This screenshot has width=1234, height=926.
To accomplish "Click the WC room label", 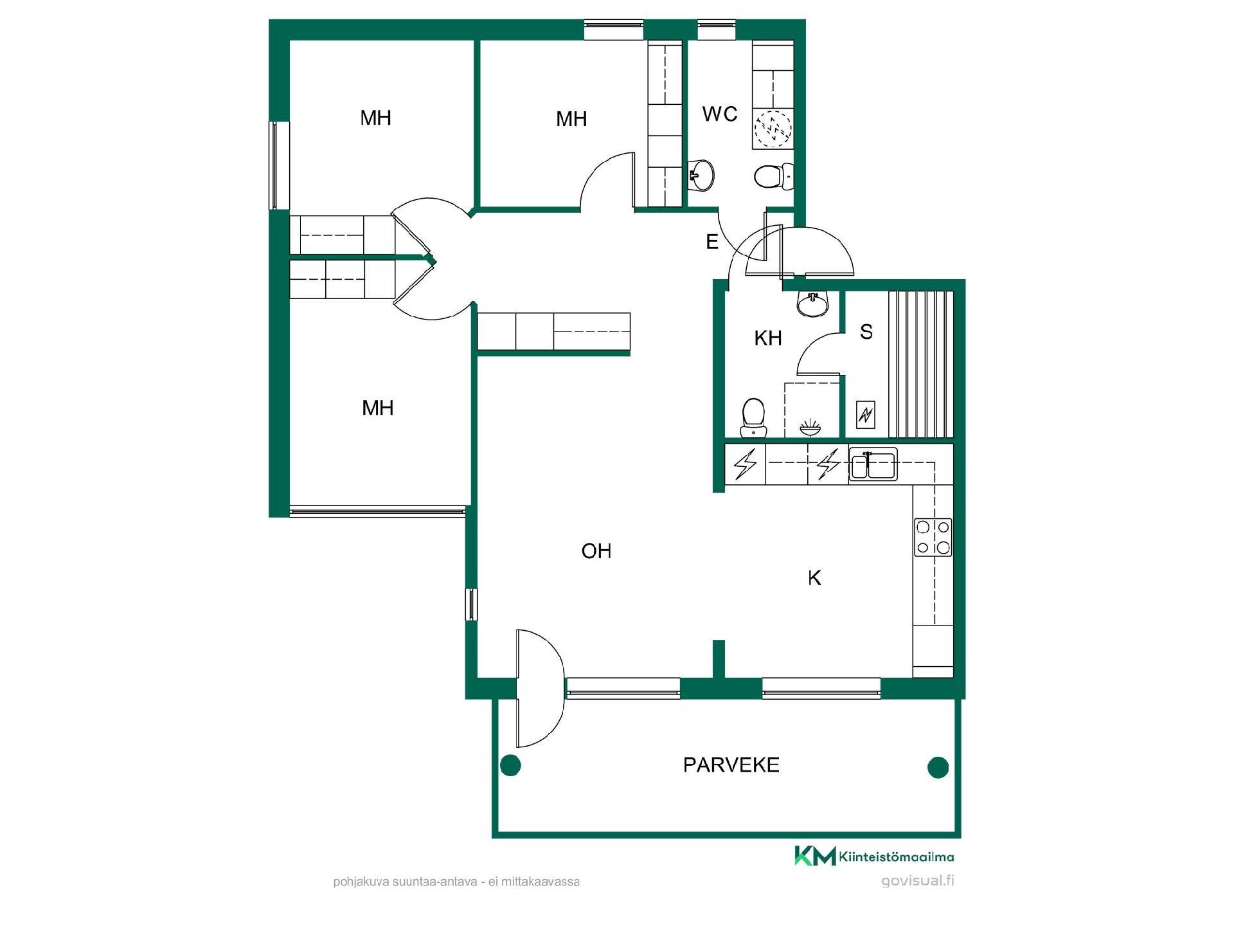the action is pos(720,114).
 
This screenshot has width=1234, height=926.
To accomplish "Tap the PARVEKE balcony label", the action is pos(731,765).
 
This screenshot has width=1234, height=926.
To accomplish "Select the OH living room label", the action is pos(596,551).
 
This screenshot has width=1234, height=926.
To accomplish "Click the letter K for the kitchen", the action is pos(814,578).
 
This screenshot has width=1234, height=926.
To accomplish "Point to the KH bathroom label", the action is pos(768,338).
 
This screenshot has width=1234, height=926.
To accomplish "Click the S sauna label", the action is pos(866,332).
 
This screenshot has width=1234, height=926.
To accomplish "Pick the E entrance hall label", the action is pos(712,242).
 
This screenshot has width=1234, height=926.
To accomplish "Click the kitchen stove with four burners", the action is pos(933,537).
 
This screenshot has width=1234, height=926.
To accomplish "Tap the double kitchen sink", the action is pos(873,464).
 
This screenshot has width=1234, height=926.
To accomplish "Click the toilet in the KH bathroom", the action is pos(753,417).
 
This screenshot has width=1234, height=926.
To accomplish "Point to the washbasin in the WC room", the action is pos(701,175).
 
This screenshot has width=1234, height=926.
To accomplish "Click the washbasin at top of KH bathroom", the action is pos(813,304).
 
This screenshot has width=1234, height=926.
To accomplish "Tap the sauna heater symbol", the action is pos(866,415).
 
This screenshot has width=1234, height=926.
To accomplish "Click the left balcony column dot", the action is pos(510,765).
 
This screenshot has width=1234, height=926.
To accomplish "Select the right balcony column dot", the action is pos(938,767).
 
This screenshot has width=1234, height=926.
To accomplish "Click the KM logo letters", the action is pos(815,856).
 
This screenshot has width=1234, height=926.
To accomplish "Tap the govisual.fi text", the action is pos(918,881).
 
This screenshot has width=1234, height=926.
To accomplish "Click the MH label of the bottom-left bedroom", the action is pos(377,408).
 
